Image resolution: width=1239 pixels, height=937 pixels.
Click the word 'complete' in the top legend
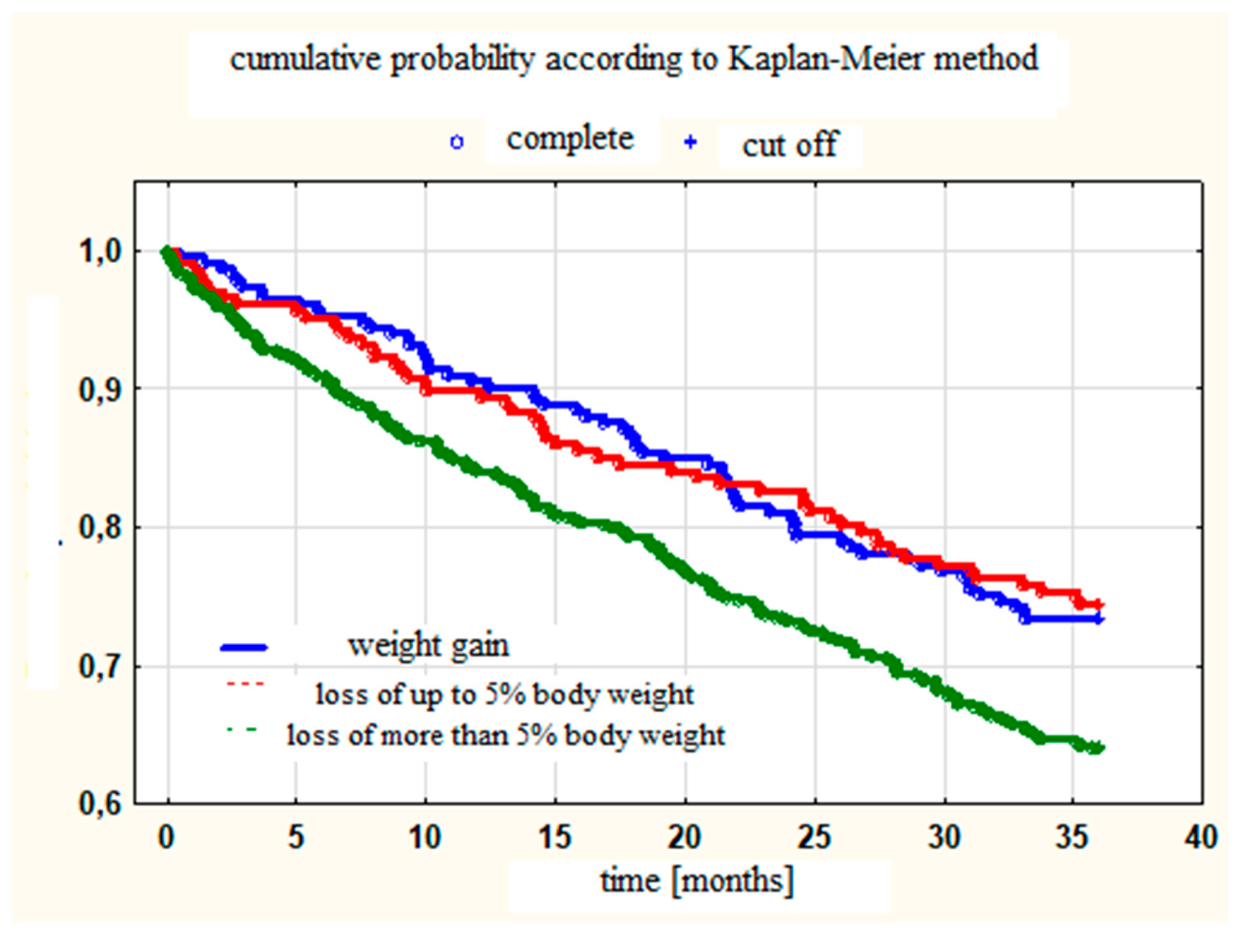pyautogui.click(x=569, y=139)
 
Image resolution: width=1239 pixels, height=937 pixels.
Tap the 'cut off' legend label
pyautogui.click(x=790, y=145)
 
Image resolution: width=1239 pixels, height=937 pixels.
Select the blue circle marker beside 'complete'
pyautogui.click(x=457, y=142)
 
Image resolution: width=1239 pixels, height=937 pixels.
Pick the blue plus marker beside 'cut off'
pyautogui.click(x=690, y=142)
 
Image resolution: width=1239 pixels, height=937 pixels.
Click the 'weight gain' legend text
pyautogui.click(x=428, y=645)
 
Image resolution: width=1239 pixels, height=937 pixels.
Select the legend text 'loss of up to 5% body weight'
pyautogui.click(x=504, y=694)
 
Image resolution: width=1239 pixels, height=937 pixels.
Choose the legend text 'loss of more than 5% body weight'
pyautogui.click(x=505, y=735)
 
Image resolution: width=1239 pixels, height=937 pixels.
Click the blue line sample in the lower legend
pyautogui.click(x=245, y=648)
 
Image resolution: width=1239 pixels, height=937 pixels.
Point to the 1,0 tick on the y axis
pyautogui.click(x=100, y=251)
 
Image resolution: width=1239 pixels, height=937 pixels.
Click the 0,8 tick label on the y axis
pyautogui.click(x=100, y=528)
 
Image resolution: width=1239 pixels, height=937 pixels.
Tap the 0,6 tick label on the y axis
pyautogui.click(x=100, y=804)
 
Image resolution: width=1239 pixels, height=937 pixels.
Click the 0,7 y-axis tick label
pyautogui.click(x=100, y=666)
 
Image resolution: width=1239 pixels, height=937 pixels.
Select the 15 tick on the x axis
pyautogui.click(x=554, y=837)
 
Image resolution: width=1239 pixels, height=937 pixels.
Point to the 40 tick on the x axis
pyautogui.click(x=1200, y=837)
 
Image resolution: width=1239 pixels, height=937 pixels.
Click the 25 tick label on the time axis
pyautogui.click(x=814, y=837)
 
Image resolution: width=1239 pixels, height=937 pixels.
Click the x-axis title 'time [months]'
pyautogui.click(x=697, y=881)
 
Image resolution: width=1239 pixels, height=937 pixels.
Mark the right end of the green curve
pyautogui.click(x=1100, y=747)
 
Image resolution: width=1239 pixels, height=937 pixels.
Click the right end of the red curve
pyautogui.click(x=1100, y=604)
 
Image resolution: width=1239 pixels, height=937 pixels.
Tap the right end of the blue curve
pyautogui.click(x=1100, y=619)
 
